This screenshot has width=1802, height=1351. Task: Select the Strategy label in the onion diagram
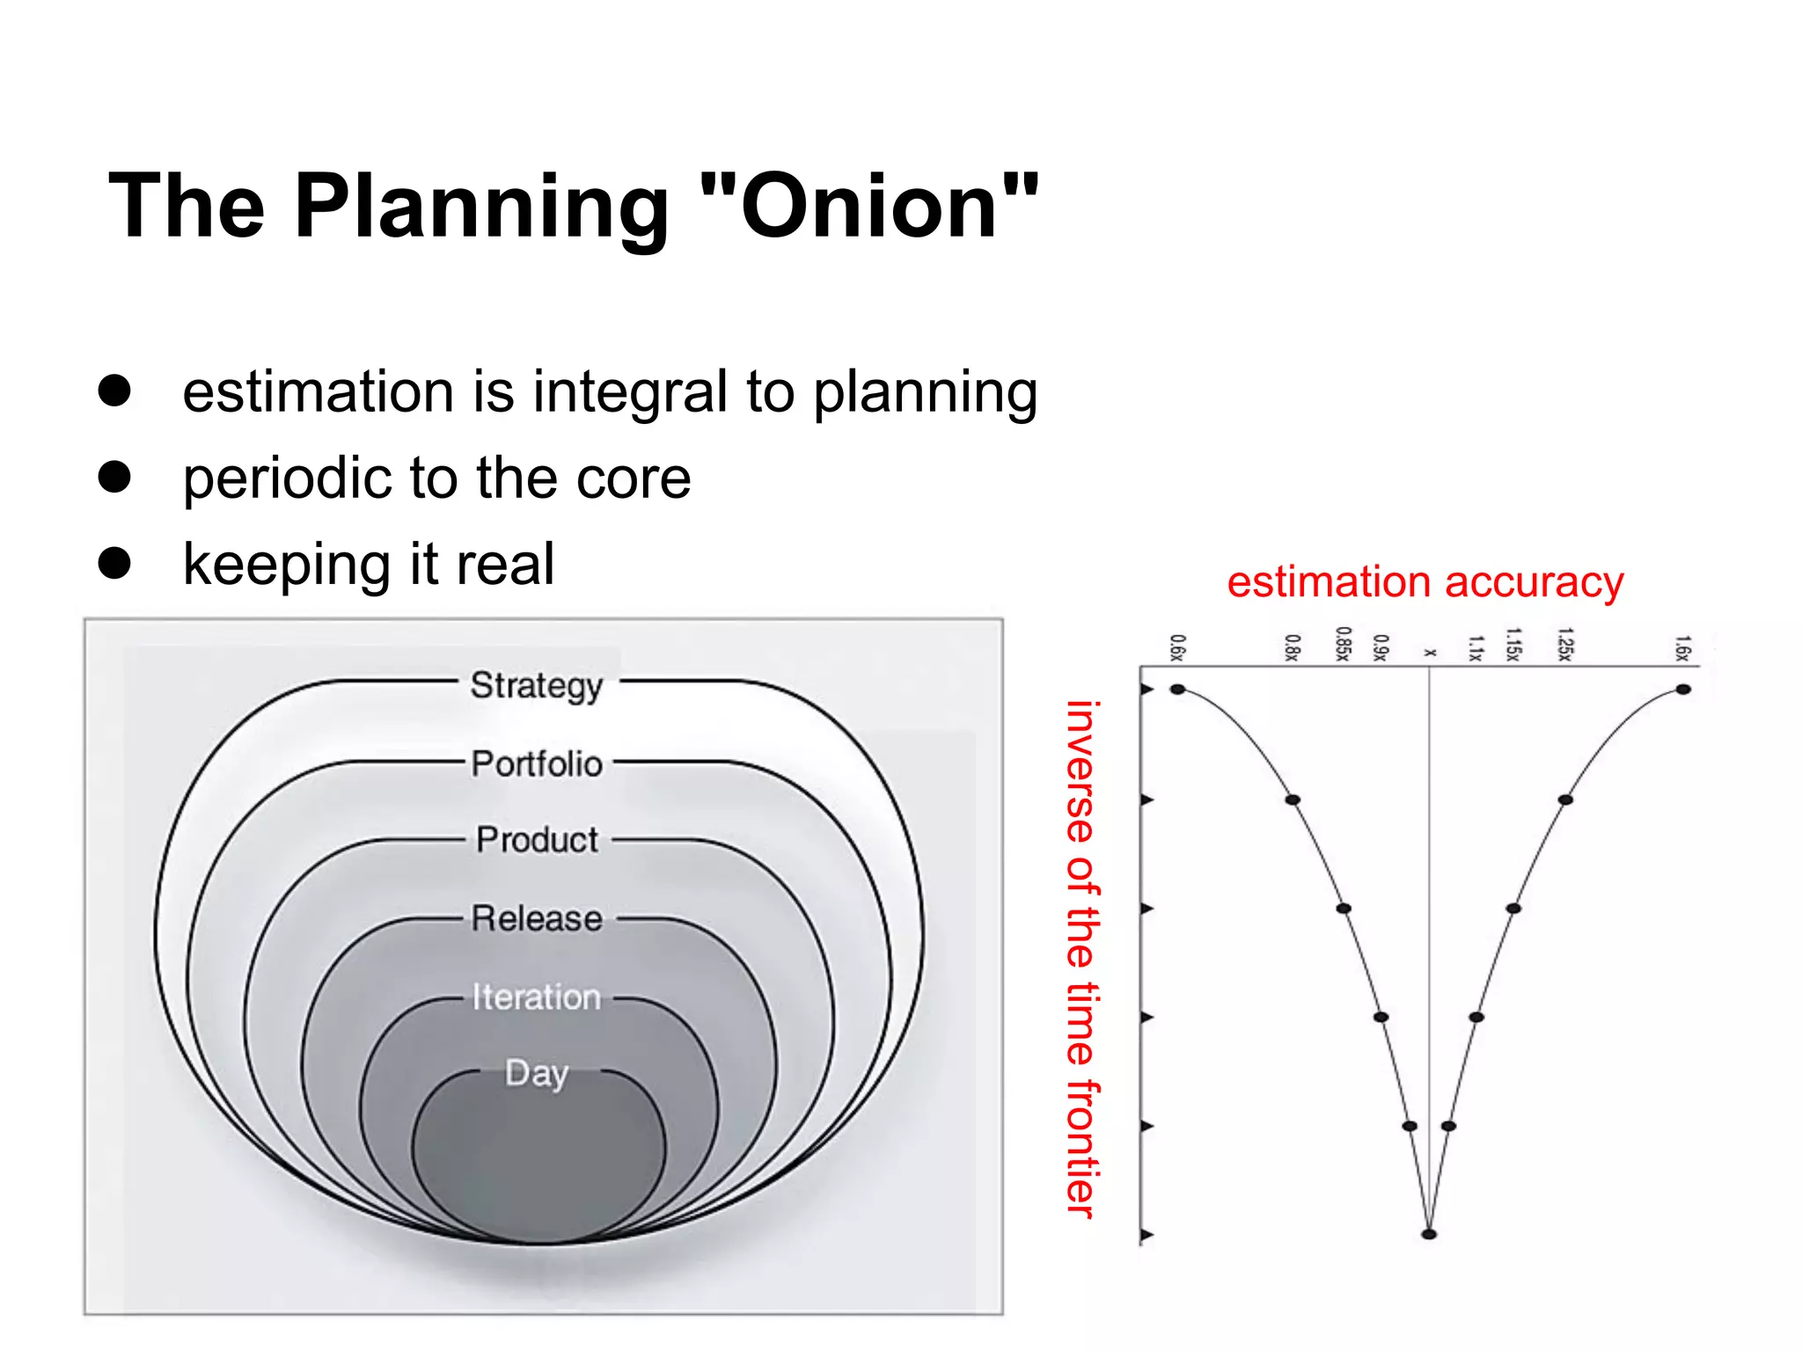537,685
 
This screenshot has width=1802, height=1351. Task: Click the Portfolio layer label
537,763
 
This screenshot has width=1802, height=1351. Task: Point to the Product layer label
537,840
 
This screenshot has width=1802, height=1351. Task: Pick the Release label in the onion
537,918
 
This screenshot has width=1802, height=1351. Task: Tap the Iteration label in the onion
537,997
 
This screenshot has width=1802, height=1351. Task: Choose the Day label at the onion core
537,1073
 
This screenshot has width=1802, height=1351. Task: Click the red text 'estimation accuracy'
1425,582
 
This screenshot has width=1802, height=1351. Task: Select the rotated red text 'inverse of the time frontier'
1080,959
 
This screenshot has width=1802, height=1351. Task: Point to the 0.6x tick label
1177,647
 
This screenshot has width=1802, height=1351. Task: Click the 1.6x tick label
1682,647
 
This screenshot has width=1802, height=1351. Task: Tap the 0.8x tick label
1292,647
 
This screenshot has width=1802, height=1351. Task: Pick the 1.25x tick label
1564,644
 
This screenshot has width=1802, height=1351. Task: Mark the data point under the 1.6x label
1682,690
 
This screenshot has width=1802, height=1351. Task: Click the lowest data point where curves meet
1429,1234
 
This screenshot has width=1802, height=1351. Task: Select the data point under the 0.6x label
1177,690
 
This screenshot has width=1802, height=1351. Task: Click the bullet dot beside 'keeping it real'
114,563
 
